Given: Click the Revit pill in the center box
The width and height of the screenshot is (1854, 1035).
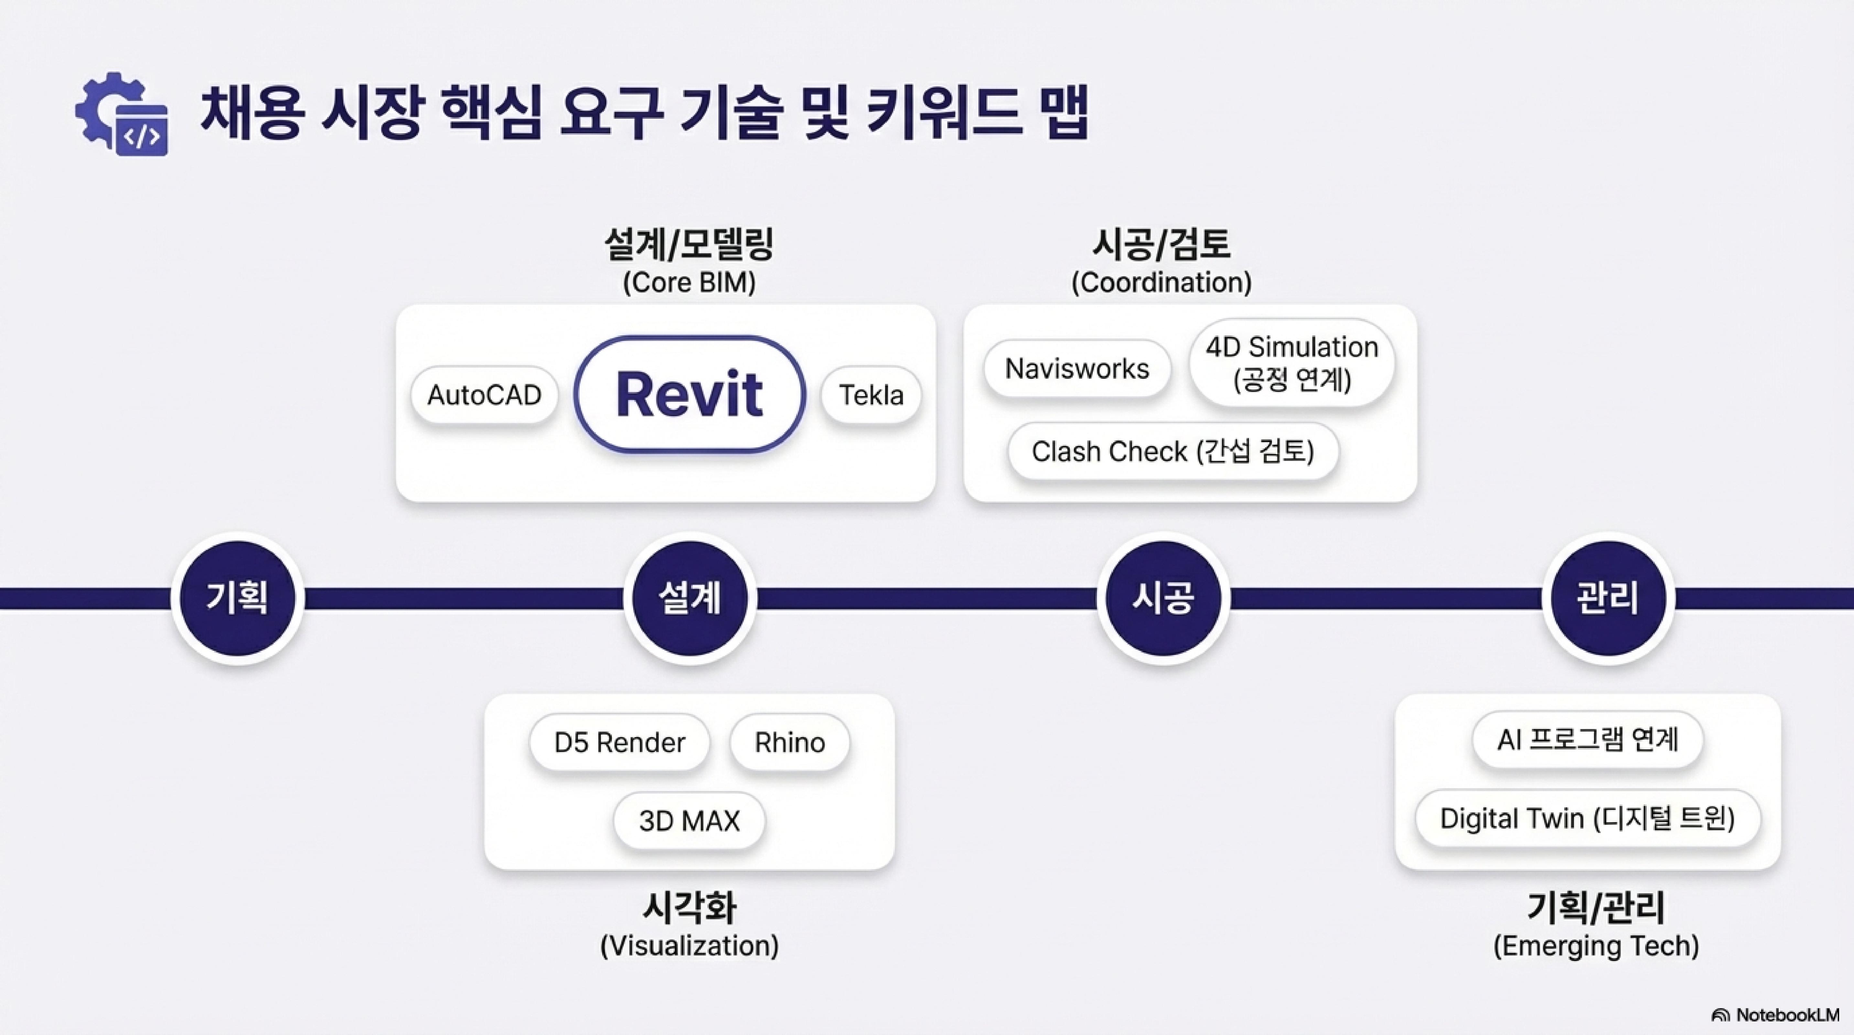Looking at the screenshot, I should pyautogui.click(x=689, y=394).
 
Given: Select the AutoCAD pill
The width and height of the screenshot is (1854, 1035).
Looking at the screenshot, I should pyautogui.click(x=484, y=395).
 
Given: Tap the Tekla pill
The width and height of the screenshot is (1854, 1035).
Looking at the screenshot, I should pyautogui.click(x=871, y=395).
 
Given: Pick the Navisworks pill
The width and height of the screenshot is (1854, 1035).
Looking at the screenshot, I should pyautogui.click(x=1077, y=368).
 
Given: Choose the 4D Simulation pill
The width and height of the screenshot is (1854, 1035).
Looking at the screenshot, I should pyautogui.click(x=1292, y=363).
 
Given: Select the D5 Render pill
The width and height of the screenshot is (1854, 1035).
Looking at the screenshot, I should pyautogui.click(x=619, y=742).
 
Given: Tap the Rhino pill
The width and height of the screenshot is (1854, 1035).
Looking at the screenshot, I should pyautogui.click(x=789, y=742).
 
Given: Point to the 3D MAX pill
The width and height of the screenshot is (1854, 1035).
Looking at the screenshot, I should pyautogui.click(x=689, y=821).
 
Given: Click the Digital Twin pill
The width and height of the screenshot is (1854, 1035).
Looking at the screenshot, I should pyautogui.click(x=1587, y=818).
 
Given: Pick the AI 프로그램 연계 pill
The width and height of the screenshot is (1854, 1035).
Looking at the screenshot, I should pyautogui.click(x=1587, y=739).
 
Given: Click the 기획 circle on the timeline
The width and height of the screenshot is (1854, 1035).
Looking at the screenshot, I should pyautogui.click(x=237, y=598).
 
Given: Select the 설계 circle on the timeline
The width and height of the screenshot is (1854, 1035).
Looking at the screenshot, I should pyautogui.click(x=689, y=598).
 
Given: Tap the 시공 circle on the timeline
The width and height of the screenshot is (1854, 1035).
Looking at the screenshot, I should pyautogui.click(x=1163, y=598).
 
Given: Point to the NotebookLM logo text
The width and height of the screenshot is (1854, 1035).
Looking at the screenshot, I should pyautogui.click(x=1785, y=1015).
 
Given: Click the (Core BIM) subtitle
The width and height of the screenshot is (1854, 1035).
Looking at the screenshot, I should pyautogui.click(x=689, y=282).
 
